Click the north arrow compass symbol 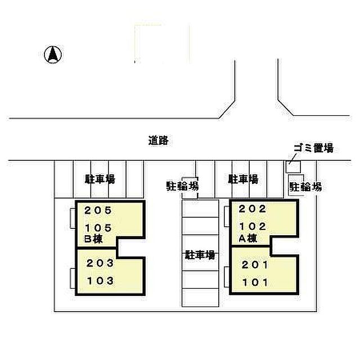(53, 55)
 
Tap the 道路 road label (158, 141)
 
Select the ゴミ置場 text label (314, 148)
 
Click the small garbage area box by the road (293, 166)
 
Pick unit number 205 (98, 210)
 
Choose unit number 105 (98, 228)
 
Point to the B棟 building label (93, 239)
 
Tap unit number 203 (100, 263)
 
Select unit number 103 (100, 281)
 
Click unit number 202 (252, 209)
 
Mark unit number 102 (253, 227)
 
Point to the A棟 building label (248, 238)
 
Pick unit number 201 (255, 265)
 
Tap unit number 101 (255, 282)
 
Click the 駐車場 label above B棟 (100, 179)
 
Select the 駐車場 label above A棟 (243, 179)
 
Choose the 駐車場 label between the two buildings (200, 255)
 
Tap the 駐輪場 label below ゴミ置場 (305, 187)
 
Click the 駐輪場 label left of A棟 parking (182, 186)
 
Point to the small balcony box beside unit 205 (73, 218)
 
